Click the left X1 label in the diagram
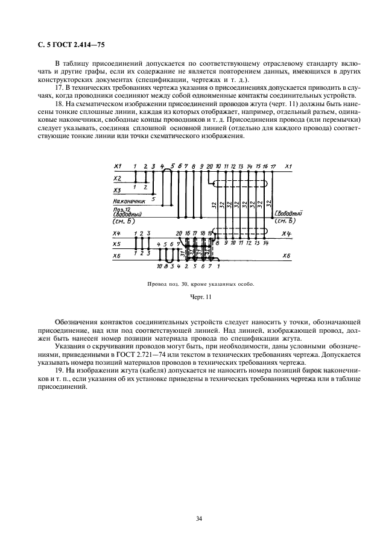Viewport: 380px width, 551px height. (x=118, y=166)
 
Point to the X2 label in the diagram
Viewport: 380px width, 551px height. (x=118, y=178)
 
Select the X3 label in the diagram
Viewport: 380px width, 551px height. (x=118, y=190)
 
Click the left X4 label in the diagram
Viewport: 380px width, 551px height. (x=117, y=233)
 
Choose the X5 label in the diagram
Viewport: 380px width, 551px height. (x=118, y=244)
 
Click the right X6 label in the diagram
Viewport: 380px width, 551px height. (x=287, y=256)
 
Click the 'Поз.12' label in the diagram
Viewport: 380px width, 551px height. (x=121, y=209)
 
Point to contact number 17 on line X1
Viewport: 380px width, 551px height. (x=273, y=166)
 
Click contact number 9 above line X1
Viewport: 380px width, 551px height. (x=201, y=166)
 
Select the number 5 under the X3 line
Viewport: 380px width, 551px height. (x=153, y=198)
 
